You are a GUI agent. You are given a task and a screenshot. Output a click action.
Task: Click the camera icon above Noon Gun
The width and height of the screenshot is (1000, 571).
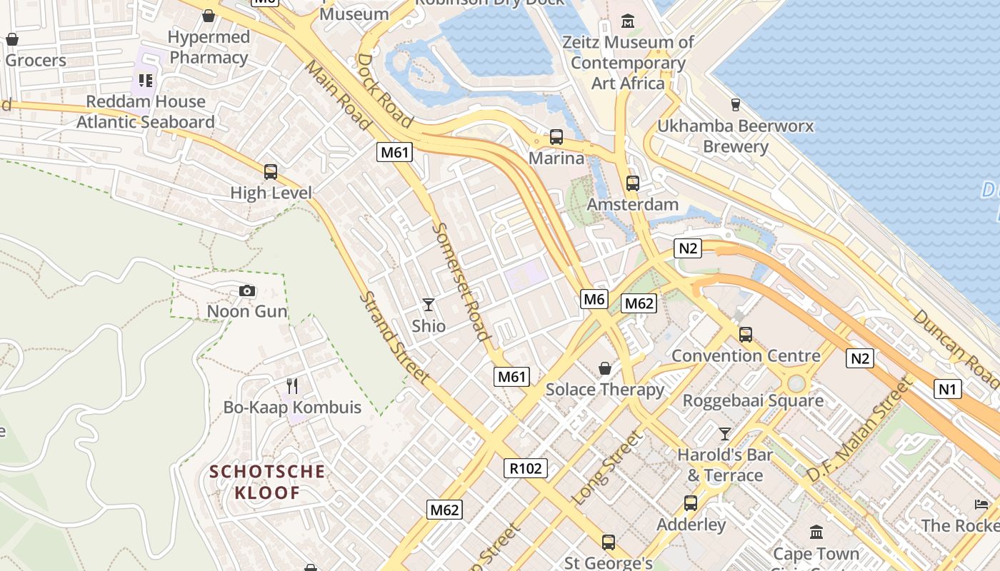click(x=247, y=290)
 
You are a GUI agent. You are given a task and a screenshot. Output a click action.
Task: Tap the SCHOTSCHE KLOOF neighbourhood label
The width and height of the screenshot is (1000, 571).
click(x=267, y=482)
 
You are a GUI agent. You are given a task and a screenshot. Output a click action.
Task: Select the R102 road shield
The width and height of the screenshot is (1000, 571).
click(x=526, y=468)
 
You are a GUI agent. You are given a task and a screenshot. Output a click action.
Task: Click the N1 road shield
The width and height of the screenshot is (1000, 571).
click(x=947, y=389)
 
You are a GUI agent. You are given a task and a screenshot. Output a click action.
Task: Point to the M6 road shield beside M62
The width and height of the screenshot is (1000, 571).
click(x=594, y=299)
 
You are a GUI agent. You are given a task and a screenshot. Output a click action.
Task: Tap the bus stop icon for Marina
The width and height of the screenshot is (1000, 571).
click(x=556, y=137)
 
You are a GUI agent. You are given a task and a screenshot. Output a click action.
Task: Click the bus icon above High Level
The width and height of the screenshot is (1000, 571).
click(x=270, y=172)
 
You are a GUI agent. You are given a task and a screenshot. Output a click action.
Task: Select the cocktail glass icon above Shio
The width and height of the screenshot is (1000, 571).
click(x=428, y=305)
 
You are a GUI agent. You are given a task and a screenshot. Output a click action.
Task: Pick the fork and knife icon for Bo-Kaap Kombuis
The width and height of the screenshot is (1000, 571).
click(x=291, y=386)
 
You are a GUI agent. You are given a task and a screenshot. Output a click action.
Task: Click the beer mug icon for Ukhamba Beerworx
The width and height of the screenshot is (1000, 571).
click(x=735, y=105)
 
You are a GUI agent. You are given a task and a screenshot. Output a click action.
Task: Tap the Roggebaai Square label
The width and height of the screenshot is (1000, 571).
click(x=753, y=400)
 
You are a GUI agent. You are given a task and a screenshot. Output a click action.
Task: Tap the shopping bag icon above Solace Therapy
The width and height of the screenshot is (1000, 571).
click(x=604, y=368)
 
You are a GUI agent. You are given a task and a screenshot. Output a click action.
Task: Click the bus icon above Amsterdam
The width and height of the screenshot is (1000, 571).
click(x=632, y=183)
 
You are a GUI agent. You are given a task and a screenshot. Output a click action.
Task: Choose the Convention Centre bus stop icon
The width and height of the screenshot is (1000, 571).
click(x=746, y=334)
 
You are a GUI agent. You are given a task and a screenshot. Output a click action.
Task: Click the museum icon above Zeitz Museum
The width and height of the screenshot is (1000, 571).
click(x=628, y=21)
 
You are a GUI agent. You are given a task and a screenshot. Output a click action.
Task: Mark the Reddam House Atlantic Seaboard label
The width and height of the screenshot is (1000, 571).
click(x=146, y=111)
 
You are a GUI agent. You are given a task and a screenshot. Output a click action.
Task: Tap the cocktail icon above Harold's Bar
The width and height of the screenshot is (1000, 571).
click(x=725, y=433)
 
